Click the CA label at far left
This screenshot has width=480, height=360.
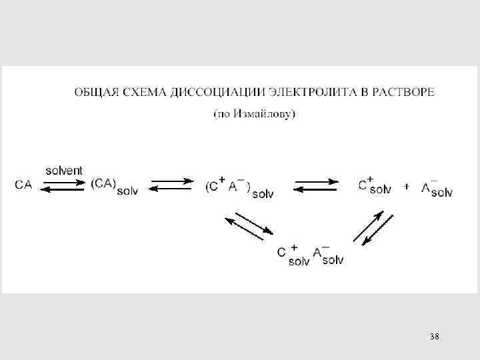(x=23, y=185)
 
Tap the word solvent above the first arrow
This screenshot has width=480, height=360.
(x=64, y=171)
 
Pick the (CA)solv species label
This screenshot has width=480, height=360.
(x=114, y=187)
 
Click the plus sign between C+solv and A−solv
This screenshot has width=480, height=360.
(x=406, y=187)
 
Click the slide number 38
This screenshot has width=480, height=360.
(x=434, y=337)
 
